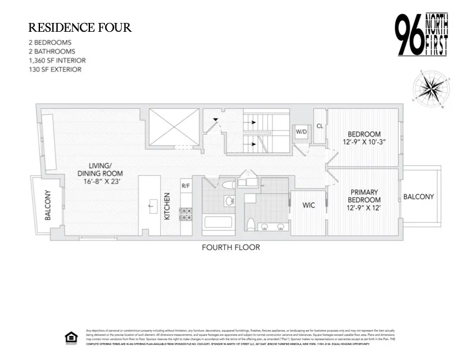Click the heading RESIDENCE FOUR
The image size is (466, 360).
click(x=81, y=28)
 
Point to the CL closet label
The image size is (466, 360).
click(x=319, y=125)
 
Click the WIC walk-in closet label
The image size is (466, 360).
click(x=308, y=206)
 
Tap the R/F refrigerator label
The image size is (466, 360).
click(x=185, y=186)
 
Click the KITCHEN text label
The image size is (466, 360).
click(x=167, y=206)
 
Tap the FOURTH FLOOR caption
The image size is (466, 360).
click(x=231, y=248)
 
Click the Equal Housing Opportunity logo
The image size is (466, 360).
click(x=71, y=337)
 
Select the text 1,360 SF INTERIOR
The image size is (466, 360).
click(x=57, y=61)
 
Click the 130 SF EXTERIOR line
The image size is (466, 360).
click(x=55, y=69)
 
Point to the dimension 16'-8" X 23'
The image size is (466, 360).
click(x=101, y=182)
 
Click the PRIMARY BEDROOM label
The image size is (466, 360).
click(x=364, y=196)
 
